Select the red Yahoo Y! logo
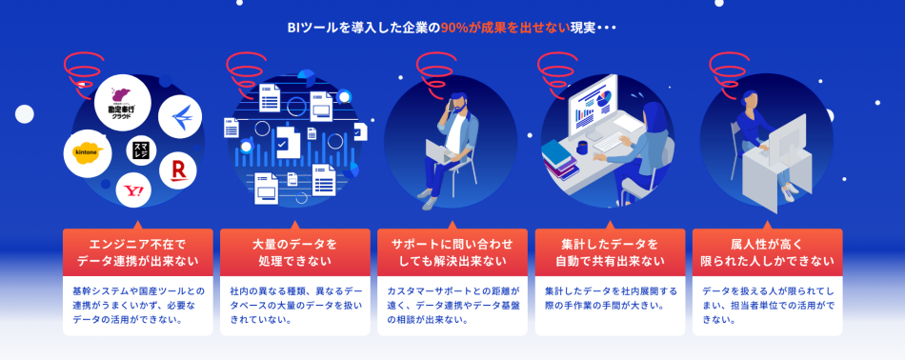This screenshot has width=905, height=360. tap(134, 190)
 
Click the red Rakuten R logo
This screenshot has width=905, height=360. tap(177, 170)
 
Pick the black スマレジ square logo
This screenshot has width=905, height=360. tap(140, 150)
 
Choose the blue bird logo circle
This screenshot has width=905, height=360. tap(180, 117)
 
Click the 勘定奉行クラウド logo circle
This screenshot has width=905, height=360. tap(123, 101)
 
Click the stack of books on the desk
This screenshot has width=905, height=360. tap(559, 158)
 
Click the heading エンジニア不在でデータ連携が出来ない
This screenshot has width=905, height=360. tap(137, 252)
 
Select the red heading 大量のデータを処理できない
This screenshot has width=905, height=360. tap(294, 252)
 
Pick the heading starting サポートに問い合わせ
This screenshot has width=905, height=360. tap(452, 252)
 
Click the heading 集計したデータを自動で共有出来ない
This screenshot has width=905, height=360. tap(610, 252)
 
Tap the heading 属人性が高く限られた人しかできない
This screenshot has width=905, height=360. tap(767, 252)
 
